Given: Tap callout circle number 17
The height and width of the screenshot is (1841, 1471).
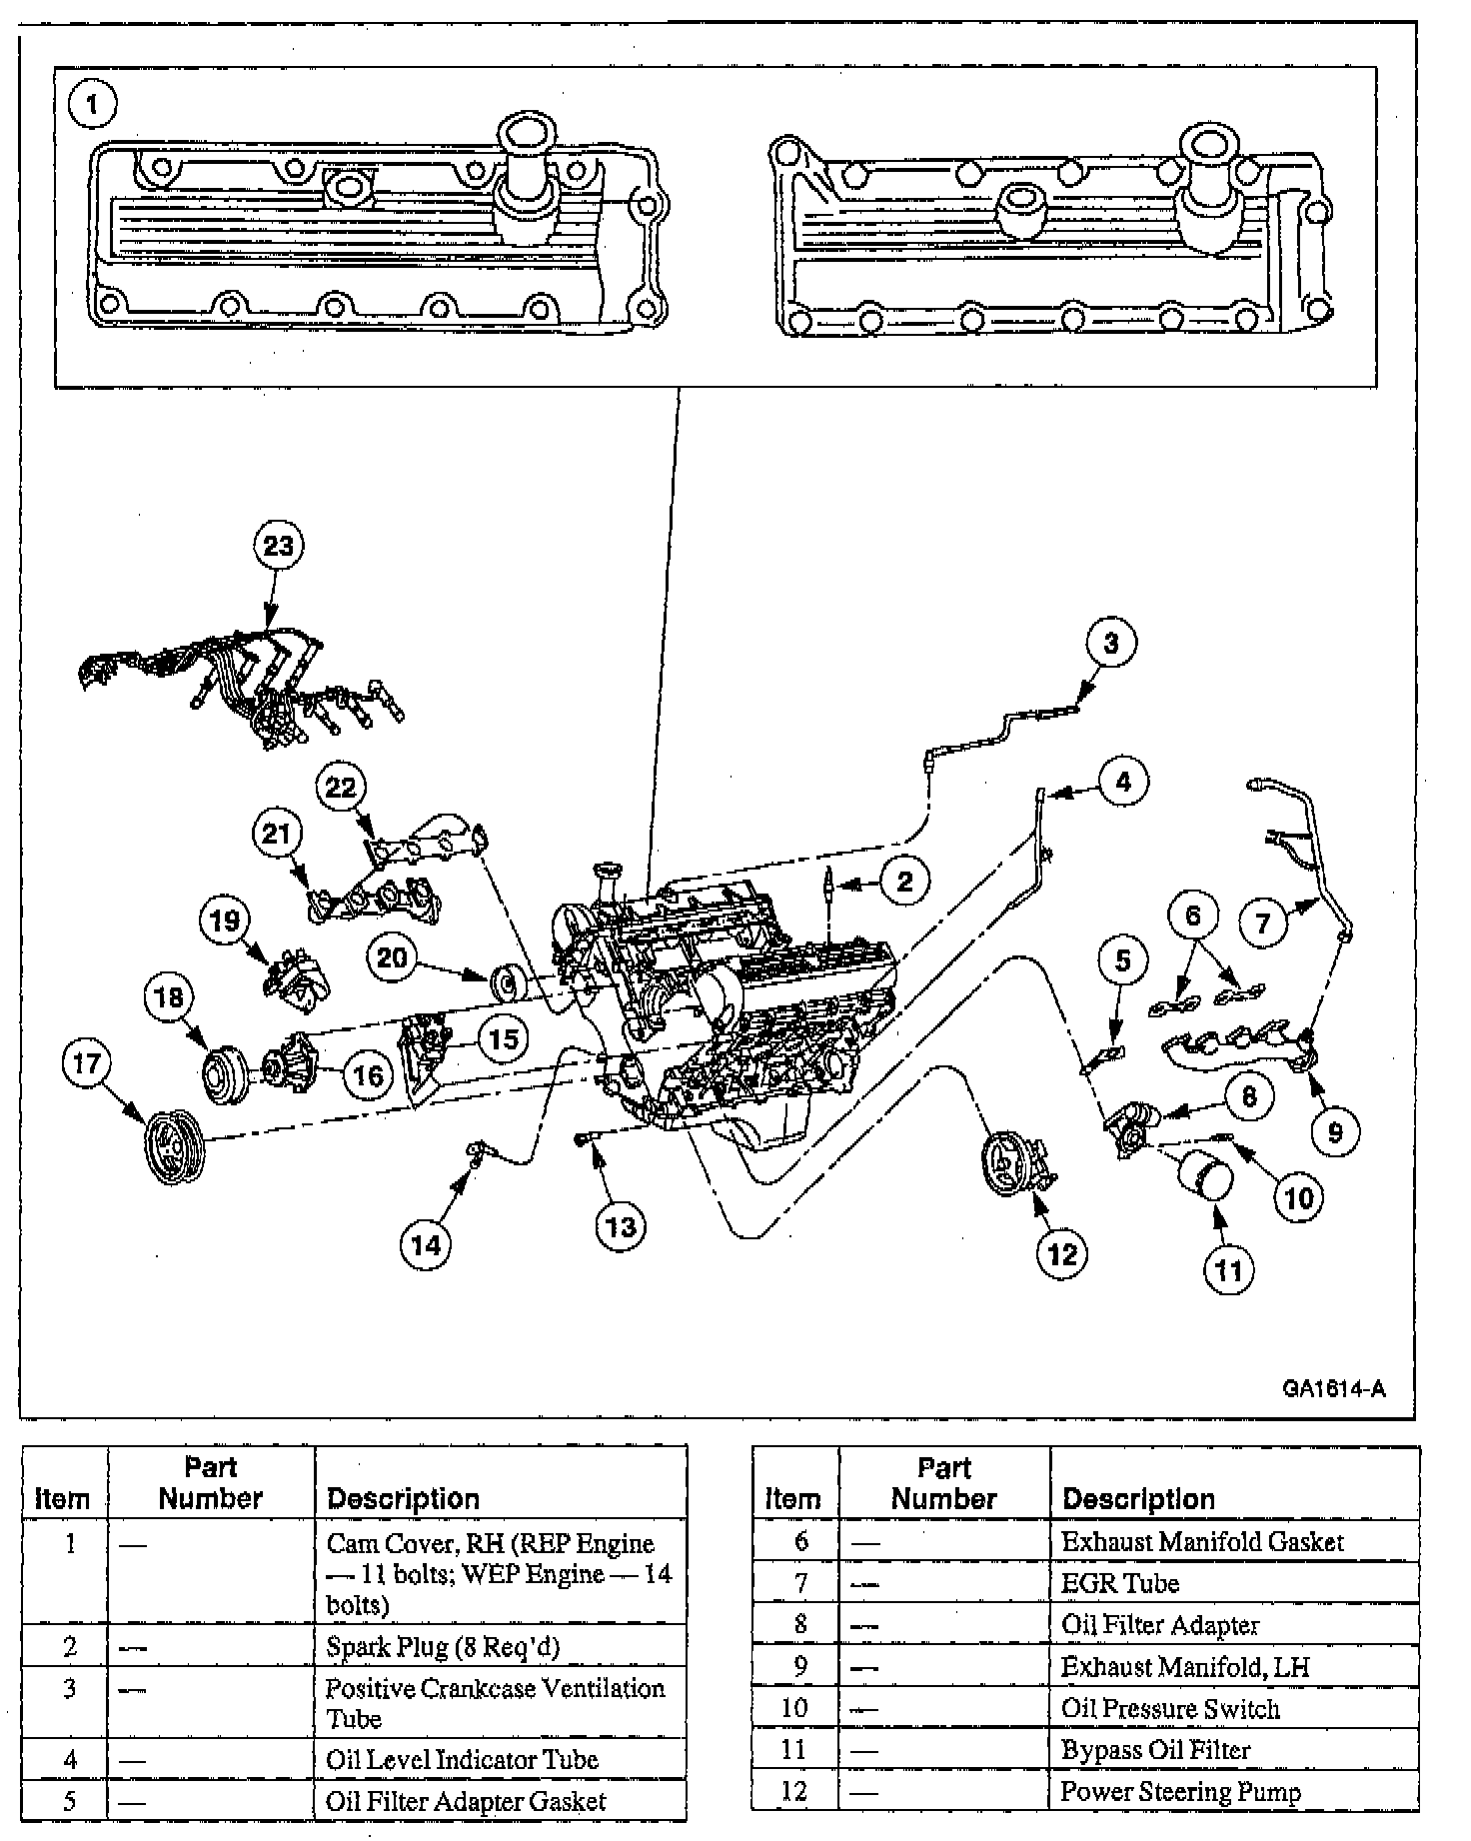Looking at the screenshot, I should tap(88, 1062).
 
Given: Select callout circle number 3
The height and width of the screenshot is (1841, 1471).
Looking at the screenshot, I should tap(1111, 644).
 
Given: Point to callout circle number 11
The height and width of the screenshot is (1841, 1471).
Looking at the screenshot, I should tap(1227, 1270).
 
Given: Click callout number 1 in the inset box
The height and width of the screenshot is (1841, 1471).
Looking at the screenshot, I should tap(93, 105).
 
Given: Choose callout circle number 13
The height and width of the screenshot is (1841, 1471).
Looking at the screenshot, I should tap(621, 1226).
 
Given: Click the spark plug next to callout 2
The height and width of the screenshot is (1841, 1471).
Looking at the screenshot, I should tap(827, 884).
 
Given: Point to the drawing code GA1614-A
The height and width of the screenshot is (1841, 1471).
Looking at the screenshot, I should tap(1335, 1389).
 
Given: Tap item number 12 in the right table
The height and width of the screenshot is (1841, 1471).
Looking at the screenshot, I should tap(794, 1791).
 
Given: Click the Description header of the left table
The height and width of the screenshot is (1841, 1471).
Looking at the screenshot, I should tap(403, 1498).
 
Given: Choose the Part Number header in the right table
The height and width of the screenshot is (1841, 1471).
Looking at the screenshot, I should tap(943, 1484).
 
